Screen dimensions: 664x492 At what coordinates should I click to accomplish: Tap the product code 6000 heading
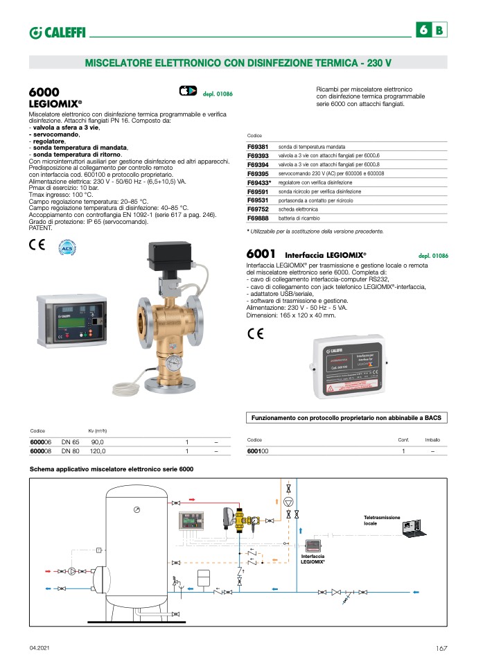point(44,92)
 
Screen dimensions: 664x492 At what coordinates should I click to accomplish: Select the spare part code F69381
point(258,148)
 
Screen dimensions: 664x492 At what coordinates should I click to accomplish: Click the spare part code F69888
point(258,217)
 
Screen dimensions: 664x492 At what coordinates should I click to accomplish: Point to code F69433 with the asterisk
point(259,182)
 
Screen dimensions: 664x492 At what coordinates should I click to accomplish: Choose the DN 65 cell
point(71,442)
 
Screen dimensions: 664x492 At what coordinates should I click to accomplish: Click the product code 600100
point(258,451)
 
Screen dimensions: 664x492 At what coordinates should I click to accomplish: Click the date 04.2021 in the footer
point(39,648)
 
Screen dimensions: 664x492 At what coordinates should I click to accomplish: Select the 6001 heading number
point(261,254)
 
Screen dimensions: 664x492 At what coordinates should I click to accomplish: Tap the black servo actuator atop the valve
point(168,256)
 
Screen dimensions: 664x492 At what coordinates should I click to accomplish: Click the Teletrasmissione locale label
point(379,521)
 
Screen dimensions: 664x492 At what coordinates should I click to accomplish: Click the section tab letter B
point(439,30)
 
